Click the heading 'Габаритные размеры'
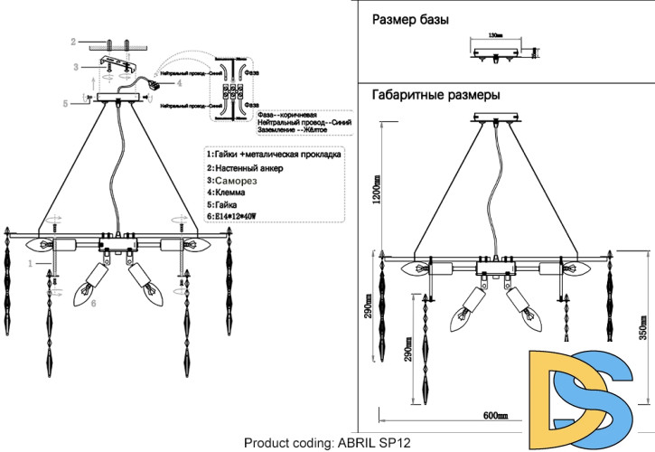click(x=436, y=94)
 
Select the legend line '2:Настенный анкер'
click(x=246, y=168)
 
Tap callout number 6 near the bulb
click(x=93, y=306)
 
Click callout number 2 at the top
click(x=75, y=42)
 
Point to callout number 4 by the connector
click(x=179, y=82)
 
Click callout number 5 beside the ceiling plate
click(x=66, y=104)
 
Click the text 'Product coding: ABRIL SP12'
click(x=327, y=442)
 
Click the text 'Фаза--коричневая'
click(x=286, y=115)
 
